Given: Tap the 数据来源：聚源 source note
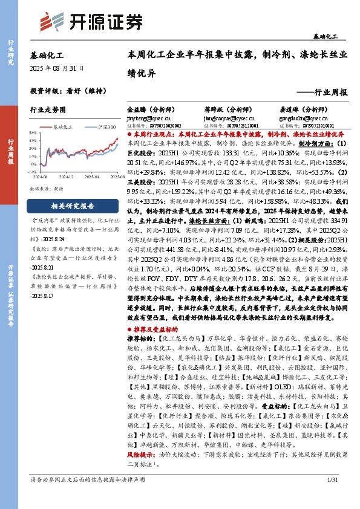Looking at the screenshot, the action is [x=47, y=189].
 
